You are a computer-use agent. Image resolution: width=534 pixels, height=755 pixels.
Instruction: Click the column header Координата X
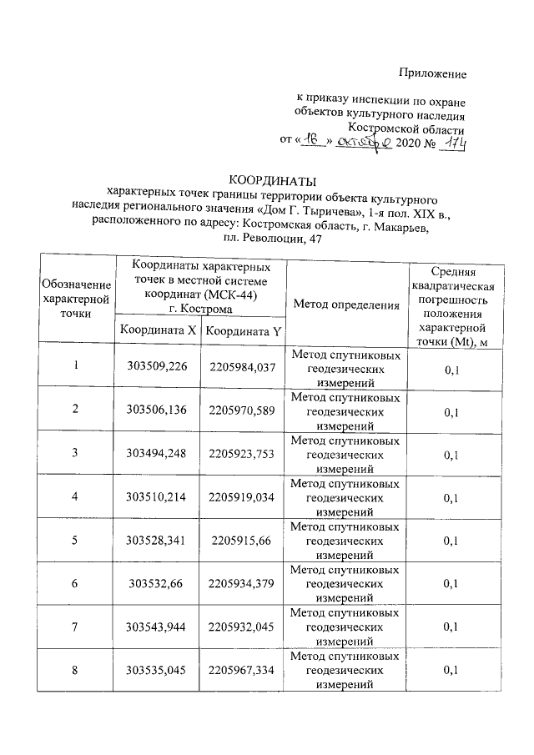pyautogui.click(x=159, y=330)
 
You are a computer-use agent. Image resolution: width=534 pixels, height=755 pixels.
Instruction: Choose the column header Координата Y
pyautogui.click(x=244, y=330)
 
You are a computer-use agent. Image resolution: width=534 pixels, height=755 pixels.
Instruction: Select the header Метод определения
pyautogui.click(x=346, y=305)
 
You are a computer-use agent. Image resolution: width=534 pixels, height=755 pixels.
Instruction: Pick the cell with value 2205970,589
pyautogui.click(x=244, y=410)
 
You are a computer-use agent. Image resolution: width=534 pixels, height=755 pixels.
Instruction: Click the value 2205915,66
pyautogui.click(x=244, y=540)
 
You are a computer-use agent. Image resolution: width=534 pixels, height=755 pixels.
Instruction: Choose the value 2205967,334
pyautogui.click(x=244, y=669)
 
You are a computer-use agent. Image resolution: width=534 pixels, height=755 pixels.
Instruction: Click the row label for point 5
pyautogui.click(x=75, y=540)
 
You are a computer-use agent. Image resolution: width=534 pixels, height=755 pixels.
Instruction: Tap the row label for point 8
pyautogui.click(x=75, y=669)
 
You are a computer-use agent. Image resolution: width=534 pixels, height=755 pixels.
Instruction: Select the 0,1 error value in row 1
pyautogui.click(x=452, y=366)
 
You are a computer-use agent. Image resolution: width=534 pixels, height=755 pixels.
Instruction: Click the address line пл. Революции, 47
pyautogui.click(x=267, y=239)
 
